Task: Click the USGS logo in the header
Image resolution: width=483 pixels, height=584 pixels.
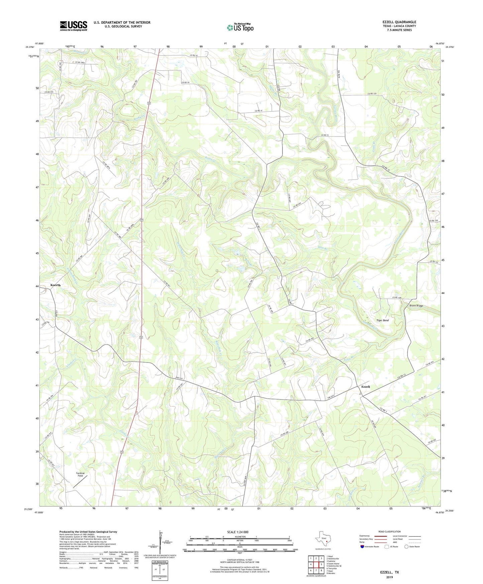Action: (74, 26)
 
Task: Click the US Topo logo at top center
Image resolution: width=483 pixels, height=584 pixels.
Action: (240, 27)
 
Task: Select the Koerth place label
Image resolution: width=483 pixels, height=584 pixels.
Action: (55, 285)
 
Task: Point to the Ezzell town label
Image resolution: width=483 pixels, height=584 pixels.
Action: (365, 387)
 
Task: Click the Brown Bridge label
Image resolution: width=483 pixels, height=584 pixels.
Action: (416, 306)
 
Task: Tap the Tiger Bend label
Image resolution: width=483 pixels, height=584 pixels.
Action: (382, 320)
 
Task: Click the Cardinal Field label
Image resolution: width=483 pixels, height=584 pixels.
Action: (80, 474)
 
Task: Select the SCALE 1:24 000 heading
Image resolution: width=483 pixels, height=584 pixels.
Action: (238, 532)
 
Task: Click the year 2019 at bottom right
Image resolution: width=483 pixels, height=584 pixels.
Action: (389, 577)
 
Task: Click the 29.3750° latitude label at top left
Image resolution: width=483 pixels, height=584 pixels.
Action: (30, 47)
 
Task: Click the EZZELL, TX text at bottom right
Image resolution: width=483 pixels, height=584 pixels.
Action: (389, 572)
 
